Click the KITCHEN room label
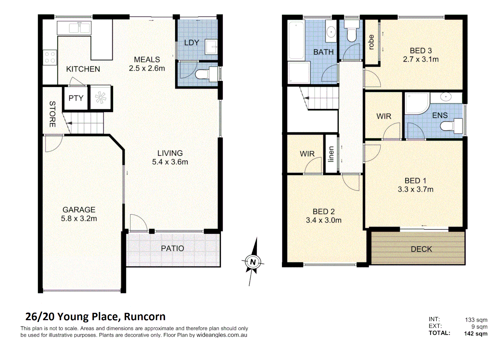coord(83,69)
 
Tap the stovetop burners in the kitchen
coord(50,57)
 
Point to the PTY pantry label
coord(76,98)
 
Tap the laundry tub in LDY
coord(211,47)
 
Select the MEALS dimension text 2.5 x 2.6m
coord(147,68)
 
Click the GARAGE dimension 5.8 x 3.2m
coord(79,219)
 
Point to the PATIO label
coord(172,248)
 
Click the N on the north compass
coord(253,262)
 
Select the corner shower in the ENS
coord(417,103)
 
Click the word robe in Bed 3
coord(371,42)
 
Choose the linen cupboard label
coord(331,154)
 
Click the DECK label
coord(421,249)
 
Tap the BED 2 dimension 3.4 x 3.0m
coord(324,220)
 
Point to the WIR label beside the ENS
coord(384,116)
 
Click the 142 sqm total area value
coord(475,334)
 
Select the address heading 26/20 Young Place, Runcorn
coord(95,316)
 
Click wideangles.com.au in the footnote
coord(222,335)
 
